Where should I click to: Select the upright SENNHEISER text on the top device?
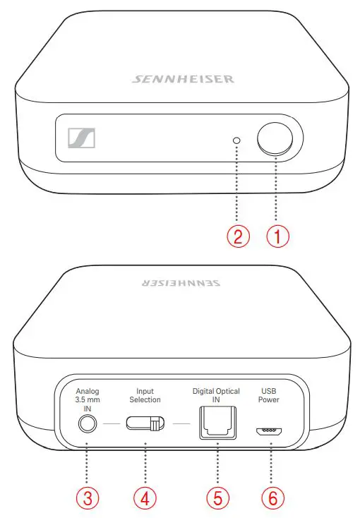pyautogui.click(x=183, y=79)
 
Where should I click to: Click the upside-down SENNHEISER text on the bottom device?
pyautogui.click(x=183, y=283)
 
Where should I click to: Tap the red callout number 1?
pyautogui.click(x=277, y=236)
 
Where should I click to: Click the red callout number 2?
pyautogui.click(x=238, y=236)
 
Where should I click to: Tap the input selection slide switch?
pyautogui.click(x=145, y=424)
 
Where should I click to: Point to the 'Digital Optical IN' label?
pyautogui.click(x=216, y=395)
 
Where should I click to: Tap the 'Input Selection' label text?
pyautogui.click(x=145, y=395)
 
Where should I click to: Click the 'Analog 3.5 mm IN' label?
pyautogui.click(x=88, y=399)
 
